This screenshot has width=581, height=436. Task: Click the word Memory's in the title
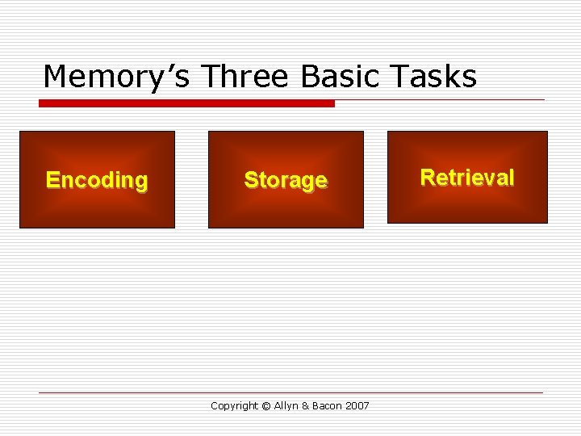[118, 78]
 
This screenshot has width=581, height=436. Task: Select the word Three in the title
[247, 77]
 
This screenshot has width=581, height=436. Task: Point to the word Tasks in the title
[436, 77]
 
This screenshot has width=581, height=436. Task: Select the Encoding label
[97, 180]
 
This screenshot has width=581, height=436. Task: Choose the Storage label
[286, 180]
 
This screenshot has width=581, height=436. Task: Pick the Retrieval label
[467, 178]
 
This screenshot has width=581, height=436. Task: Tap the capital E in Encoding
[52, 179]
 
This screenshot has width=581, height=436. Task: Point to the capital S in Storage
[250, 179]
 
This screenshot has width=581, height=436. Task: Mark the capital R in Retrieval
[428, 178]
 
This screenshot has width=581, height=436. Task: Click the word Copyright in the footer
[233, 406]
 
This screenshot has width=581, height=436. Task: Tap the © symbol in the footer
[265, 406]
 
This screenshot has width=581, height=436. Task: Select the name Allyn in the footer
[285, 406]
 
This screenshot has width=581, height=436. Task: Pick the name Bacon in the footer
[328, 406]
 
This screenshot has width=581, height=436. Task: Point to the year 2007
[357, 406]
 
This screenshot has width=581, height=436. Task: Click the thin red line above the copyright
[290, 393]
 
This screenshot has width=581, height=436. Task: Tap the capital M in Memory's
[55, 78]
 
